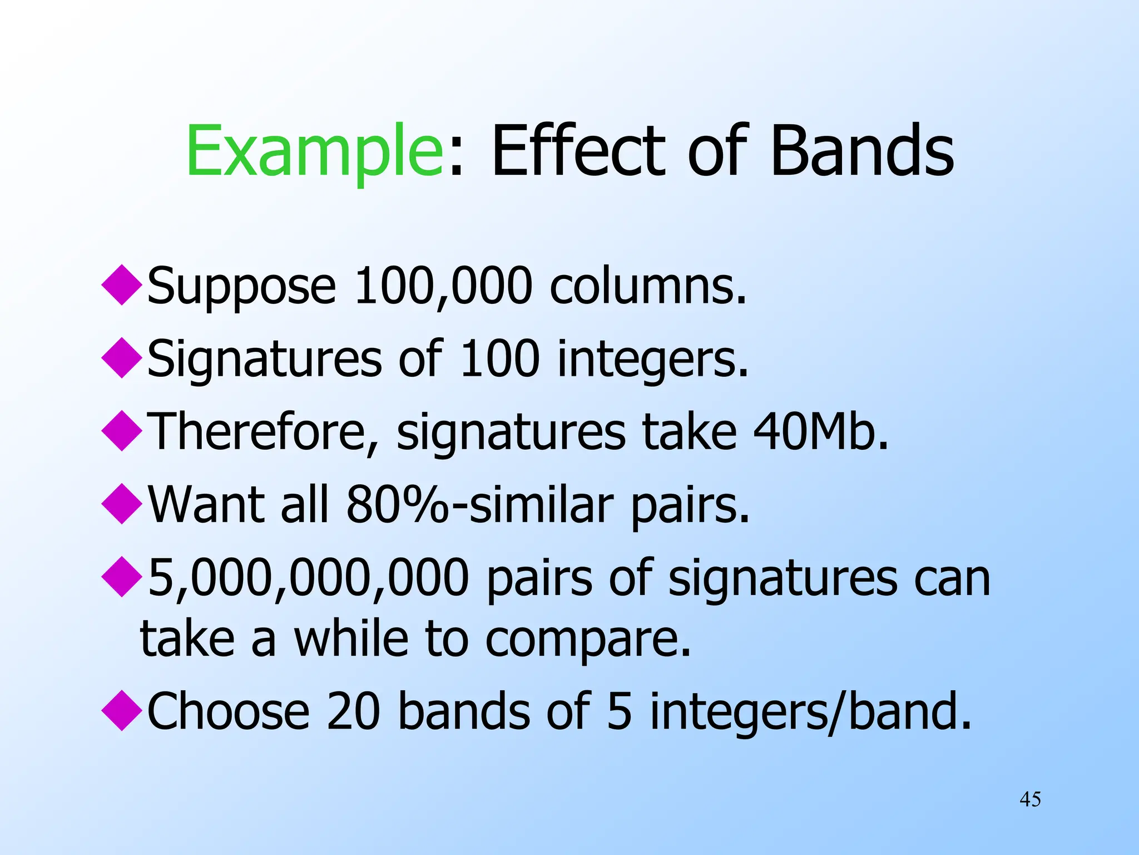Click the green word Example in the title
[315, 151]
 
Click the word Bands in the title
[861, 151]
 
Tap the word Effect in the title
[578, 151]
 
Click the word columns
[647, 287]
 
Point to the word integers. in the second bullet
[653, 360]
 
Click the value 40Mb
[821, 433]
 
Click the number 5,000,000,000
[309, 578]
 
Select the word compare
[588, 640]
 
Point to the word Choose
[228, 712]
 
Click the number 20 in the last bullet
[353, 712]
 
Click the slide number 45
[1030, 800]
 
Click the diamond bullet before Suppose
[122, 285]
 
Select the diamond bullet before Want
[122, 504]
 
